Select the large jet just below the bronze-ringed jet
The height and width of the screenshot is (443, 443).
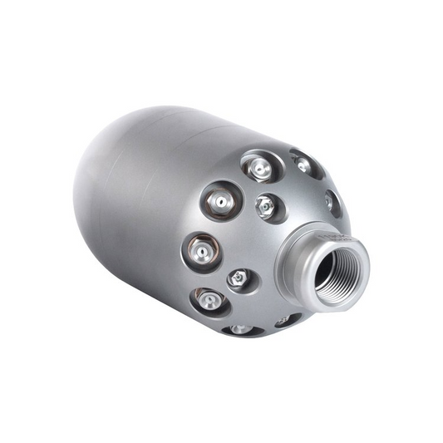click(x=209, y=300)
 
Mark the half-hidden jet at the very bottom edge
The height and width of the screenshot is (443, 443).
click(x=242, y=330)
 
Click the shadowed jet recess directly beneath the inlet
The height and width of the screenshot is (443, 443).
click(x=287, y=319)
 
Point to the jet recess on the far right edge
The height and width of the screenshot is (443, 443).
click(x=332, y=202)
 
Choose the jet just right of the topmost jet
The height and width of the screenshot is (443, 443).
click(x=303, y=165)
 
